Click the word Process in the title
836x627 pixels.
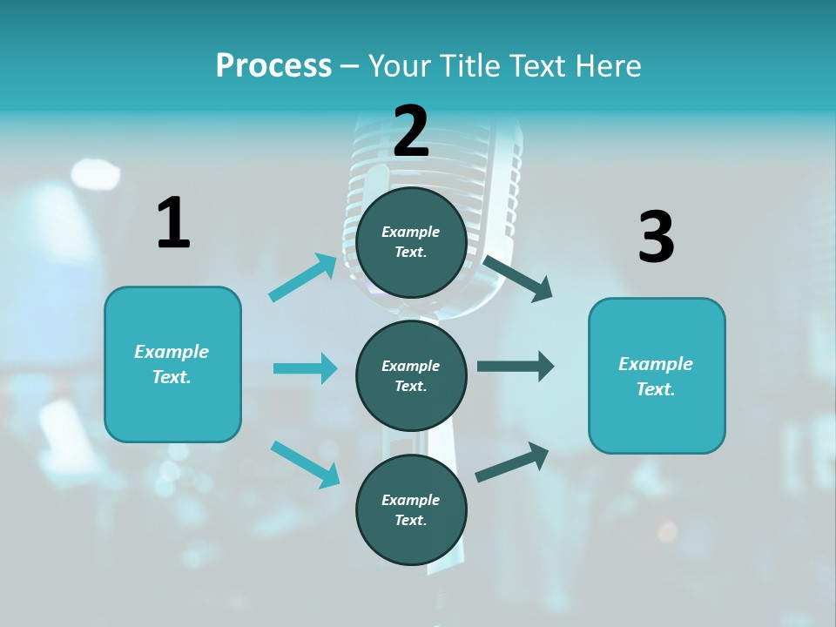pyautogui.click(x=273, y=65)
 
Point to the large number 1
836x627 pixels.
pyautogui.click(x=173, y=223)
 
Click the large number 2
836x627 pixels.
pyautogui.click(x=411, y=131)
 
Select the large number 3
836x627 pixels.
pyautogui.click(x=656, y=237)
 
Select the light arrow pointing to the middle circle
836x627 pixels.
pyautogui.click(x=305, y=368)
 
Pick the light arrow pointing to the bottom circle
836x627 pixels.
pyautogui.click(x=306, y=464)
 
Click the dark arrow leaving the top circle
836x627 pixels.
pyautogui.click(x=518, y=278)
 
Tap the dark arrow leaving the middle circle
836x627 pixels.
pyautogui.click(x=515, y=367)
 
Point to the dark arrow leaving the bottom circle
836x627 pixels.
pyautogui.click(x=512, y=462)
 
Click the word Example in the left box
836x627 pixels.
pyautogui.click(x=172, y=352)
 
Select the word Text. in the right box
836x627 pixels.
pyautogui.click(x=656, y=389)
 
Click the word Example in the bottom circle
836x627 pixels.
pyautogui.click(x=411, y=500)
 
